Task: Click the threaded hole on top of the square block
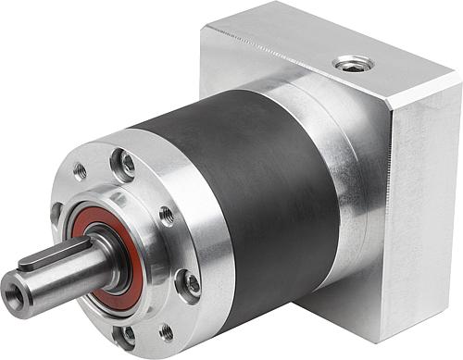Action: [353, 64]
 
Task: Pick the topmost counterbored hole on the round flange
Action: [123, 167]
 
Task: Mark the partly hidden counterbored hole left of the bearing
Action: [57, 214]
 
